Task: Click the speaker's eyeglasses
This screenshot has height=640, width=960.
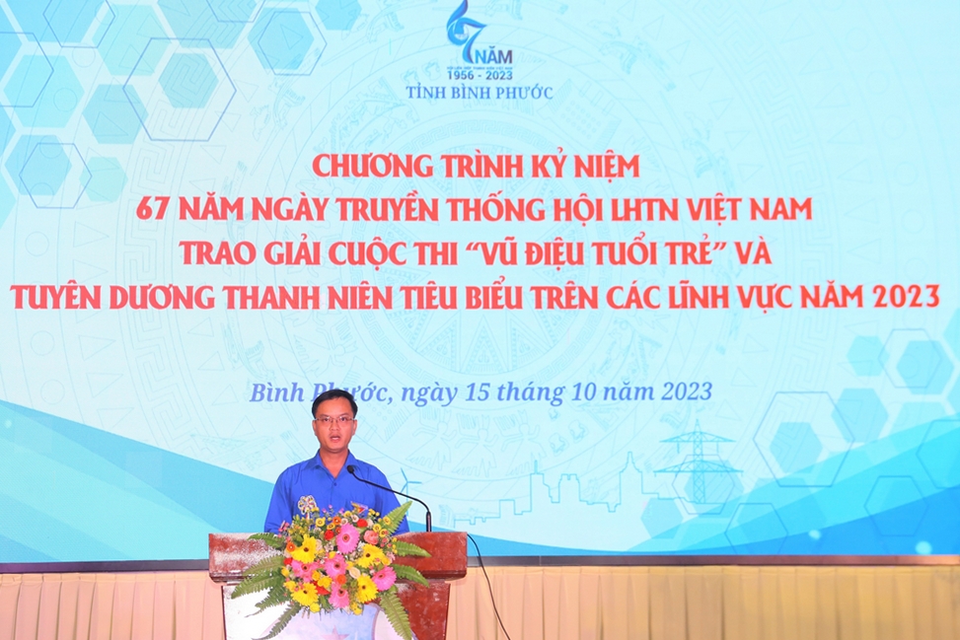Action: tap(333, 420)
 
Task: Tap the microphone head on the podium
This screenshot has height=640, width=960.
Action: tap(351, 470)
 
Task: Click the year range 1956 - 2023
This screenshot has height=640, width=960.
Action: tap(480, 75)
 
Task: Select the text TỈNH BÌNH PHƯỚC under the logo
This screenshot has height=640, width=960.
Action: tap(480, 93)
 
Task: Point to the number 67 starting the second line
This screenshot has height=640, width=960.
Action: tap(151, 209)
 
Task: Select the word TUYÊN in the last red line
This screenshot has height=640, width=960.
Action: tap(55, 297)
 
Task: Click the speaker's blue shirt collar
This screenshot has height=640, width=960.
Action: tap(332, 462)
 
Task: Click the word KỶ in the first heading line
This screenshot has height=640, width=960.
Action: tap(538, 166)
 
